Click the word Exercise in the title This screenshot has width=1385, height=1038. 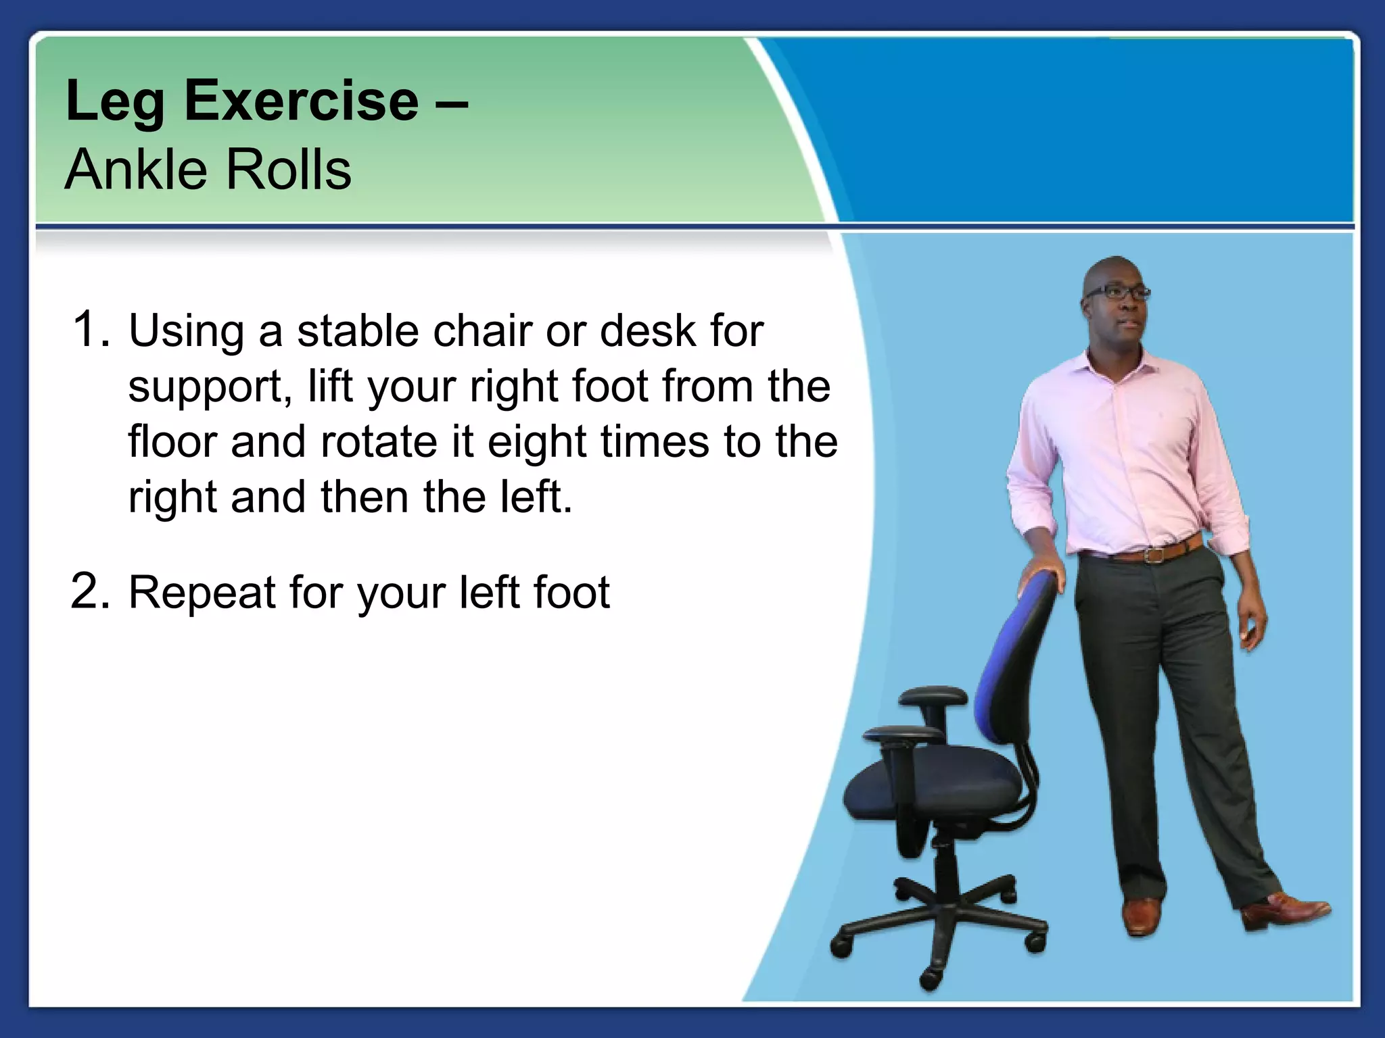click(x=301, y=101)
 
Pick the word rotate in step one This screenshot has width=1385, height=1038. click(x=379, y=442)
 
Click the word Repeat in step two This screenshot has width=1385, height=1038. click(x=202, y=592)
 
